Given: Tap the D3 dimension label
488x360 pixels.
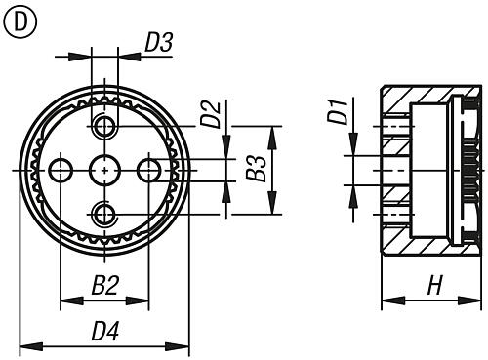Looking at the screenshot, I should (x=159, y=43).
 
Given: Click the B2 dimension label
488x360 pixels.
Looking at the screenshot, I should (x=104, y=286).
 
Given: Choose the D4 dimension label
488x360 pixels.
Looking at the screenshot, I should (x=105, y=331).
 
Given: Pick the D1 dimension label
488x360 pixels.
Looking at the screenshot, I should (x=337, y=109).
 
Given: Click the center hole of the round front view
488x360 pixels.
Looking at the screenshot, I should (x=104, y=170).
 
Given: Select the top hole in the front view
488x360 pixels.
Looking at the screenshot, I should (x=104, y=127).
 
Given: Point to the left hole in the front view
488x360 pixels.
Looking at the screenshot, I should (x=61, y=170).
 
